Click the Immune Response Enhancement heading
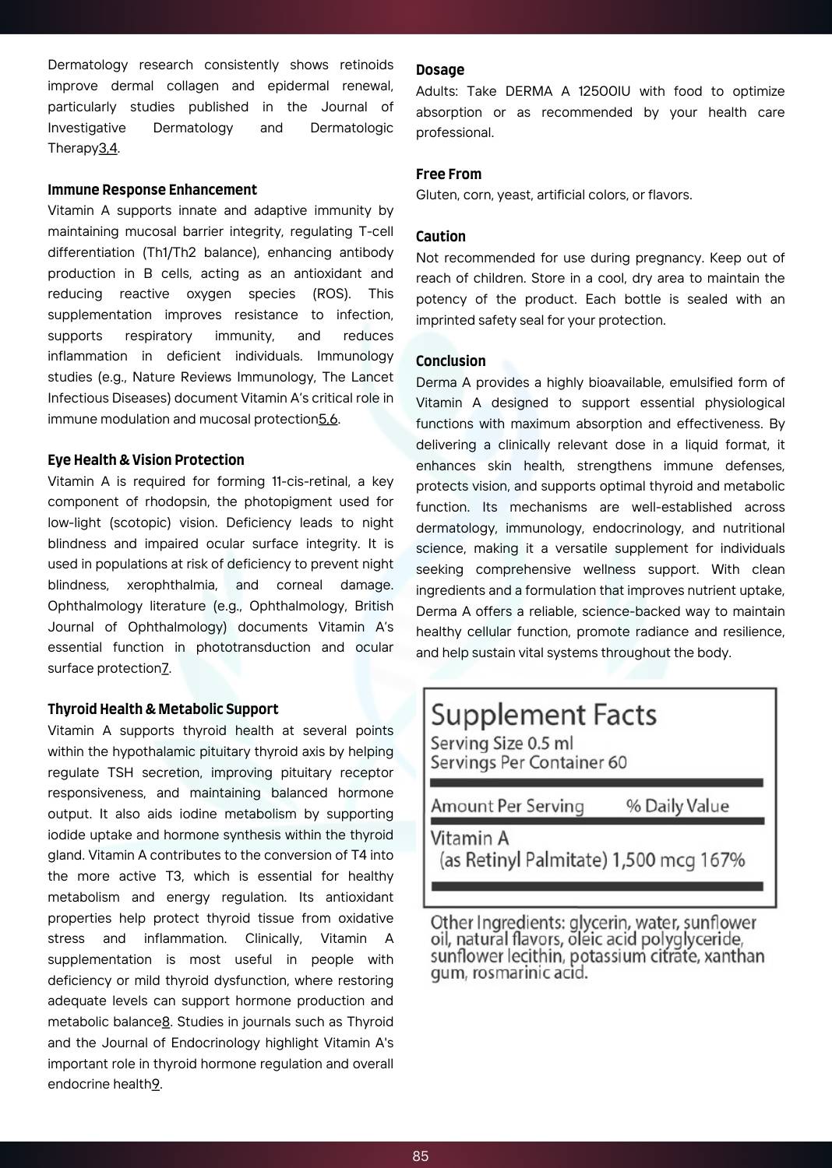click(152, 190)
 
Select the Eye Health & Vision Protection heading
click(146, 460)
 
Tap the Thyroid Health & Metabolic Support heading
click(163, 709)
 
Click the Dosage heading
click(440, 70)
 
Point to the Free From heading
click(449, 174)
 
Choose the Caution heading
click(441, 237)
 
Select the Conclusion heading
click(451, 361)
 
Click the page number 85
click(421, 1156)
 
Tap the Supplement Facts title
click(544, 715)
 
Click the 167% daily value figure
click(722, 860)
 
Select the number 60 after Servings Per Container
click(617, 762)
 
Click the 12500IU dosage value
click(604, 91)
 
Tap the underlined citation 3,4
click(108, 148)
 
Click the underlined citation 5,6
click(328, 419)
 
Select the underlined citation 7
click(165, 668)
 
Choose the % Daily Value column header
click(678, 806)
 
